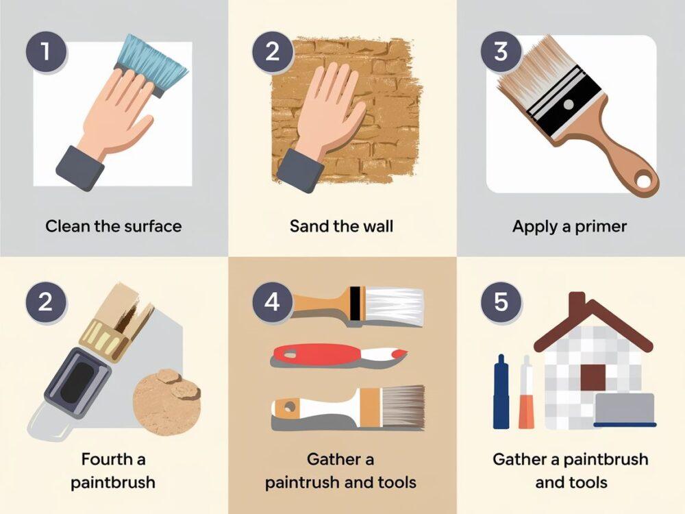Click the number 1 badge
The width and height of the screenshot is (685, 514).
point(46,51)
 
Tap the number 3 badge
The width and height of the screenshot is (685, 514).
point(501,51)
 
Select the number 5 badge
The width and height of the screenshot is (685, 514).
point(501,302)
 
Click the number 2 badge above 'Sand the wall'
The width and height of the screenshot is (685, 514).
point(272,51)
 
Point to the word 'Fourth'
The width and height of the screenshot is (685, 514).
point(107,459)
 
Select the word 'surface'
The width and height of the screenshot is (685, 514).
point(153,226)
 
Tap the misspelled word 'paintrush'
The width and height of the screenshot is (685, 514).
point(302,482)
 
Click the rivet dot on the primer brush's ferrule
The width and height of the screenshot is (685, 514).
point(569,105)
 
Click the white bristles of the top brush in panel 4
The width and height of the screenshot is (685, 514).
point(394,306)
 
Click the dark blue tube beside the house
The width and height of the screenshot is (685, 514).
point(501,391)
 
